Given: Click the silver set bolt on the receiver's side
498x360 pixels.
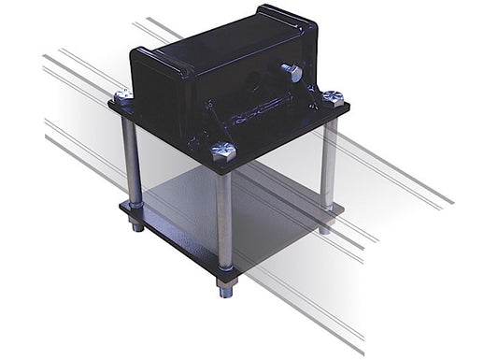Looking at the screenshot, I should point(290,71).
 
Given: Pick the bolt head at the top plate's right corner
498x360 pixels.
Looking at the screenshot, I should point(333,96).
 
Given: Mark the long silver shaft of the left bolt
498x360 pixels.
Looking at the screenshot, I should point(131,159).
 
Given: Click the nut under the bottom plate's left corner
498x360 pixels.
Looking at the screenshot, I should point(136,224).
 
